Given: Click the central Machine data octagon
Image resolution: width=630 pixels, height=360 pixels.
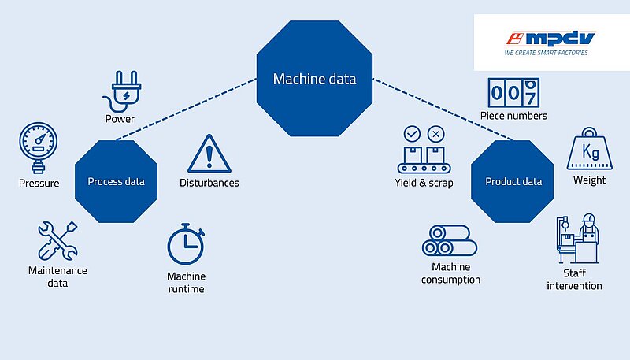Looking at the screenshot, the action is click(x=314, y=79).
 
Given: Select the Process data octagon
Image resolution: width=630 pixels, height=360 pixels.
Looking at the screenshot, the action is click(x=116, y=181).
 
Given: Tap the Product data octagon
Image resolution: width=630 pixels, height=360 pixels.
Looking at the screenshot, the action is click(x=513, y=181).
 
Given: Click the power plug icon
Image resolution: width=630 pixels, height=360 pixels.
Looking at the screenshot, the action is click(x=123, y=91).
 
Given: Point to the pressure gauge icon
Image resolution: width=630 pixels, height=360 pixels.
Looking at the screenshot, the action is click(x=38, y=147).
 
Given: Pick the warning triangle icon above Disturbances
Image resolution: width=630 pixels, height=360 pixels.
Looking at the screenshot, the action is click(x=209, y=154).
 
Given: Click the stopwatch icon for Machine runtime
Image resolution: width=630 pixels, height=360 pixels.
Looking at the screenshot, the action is click(x=186, y=244).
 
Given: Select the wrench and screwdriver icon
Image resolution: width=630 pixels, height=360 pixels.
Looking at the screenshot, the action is click(x=57, y=241).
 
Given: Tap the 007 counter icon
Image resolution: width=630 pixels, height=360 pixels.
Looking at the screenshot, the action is click(x=513, y=93).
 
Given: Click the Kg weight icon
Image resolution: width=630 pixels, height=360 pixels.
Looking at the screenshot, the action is click(x=589, y=149).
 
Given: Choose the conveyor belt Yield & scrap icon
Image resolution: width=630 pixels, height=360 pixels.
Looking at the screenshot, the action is click(x=424, y=150).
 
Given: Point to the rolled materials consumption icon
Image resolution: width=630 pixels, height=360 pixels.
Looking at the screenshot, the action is click(x=450, y=240).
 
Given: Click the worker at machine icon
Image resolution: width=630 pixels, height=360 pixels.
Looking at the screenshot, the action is click(x=578, y=238).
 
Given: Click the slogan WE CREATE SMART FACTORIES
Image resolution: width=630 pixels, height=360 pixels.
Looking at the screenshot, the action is click(x=546, y=53).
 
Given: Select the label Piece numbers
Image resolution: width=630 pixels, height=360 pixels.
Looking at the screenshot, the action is click(x=513, y=116).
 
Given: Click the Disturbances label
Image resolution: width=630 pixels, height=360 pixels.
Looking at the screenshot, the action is click(x=209, y=183).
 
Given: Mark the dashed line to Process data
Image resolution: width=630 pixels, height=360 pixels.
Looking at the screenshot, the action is click(x=187, y=109).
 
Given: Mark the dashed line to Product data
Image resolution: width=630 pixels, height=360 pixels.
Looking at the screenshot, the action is click(x=443, y=109).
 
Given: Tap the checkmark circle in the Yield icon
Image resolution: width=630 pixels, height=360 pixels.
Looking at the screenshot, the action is click(x=412, y=134).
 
